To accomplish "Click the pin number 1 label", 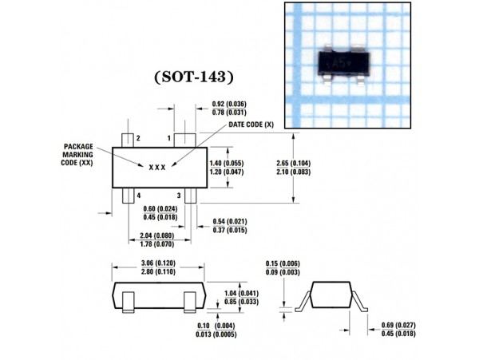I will pos(168,139).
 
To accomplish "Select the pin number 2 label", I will pos(138,139).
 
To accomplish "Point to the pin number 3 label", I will pos(178,195).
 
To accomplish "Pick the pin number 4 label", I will pos(138,195).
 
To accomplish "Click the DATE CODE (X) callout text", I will pos(251,125).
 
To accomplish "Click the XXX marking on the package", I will pos(156,168).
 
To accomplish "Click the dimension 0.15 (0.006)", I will pos(283,263).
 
